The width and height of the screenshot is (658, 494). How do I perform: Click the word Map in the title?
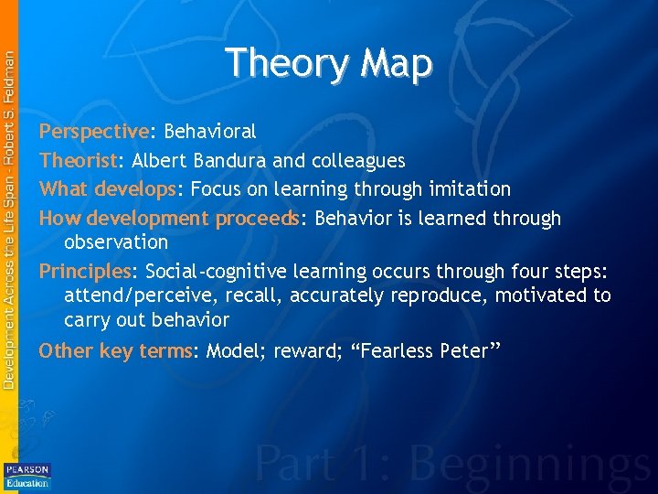[x=396, y=64]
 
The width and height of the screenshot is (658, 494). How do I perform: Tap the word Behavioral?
[x=210, y=132]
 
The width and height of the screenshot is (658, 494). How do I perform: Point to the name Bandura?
[x=230, y=161]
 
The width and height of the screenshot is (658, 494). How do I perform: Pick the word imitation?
[x=466, y=189]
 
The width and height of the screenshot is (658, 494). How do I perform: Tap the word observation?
[x=116, y=242]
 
